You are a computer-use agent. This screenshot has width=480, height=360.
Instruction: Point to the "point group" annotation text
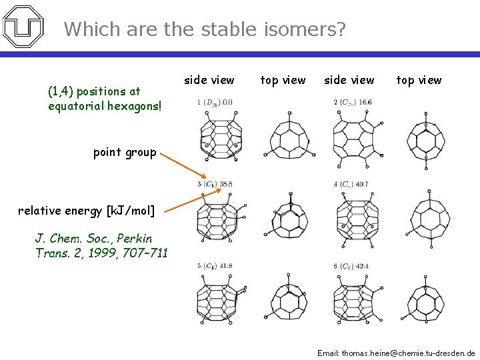point(125,152)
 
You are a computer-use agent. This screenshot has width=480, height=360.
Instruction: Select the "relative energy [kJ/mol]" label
point(86,211)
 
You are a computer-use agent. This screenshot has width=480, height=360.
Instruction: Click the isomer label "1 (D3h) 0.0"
point(215,103)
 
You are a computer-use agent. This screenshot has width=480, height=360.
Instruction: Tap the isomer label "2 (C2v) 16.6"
point(353,103)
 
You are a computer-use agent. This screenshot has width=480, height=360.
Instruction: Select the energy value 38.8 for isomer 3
point(225,184)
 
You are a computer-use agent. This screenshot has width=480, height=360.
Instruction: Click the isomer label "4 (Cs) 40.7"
point(351,184)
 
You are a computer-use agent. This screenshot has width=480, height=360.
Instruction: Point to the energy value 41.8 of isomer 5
point(225,266)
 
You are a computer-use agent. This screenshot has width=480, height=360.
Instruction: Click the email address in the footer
point(396,352)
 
